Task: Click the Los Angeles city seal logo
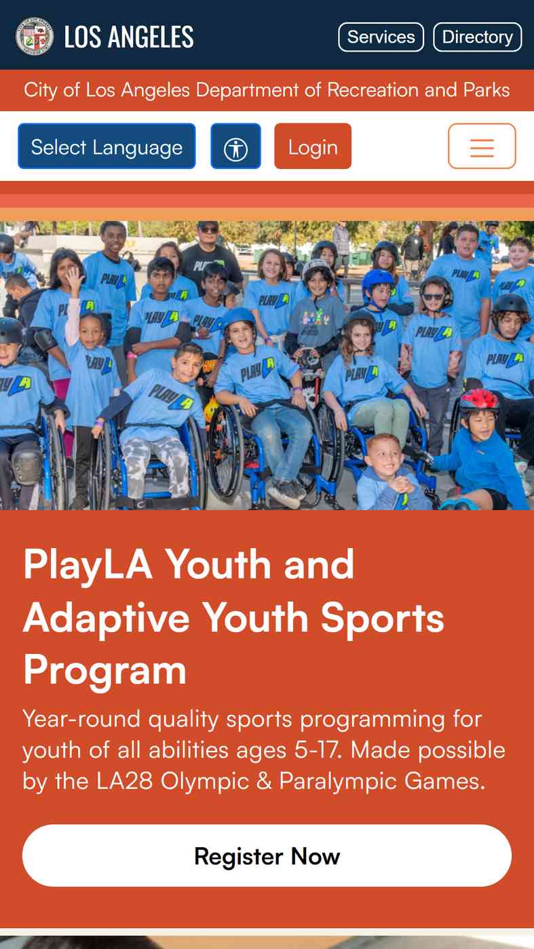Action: pos(35,37)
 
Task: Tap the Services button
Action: pos(381,37)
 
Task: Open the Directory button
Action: pos(478,37)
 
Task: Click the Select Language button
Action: pos(107,146)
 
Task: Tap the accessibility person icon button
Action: pos(235,146)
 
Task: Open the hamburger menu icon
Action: pos(482,146)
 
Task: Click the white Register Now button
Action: pos(267,855)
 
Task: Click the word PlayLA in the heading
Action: pos(88,566)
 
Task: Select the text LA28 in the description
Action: pos(124,780)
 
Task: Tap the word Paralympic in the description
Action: pos(338,781)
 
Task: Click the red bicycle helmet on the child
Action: pos(479,400)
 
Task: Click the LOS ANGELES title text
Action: pos(129,37)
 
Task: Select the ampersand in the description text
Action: pos(264,780)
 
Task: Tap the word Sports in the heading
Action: pos(382,619)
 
